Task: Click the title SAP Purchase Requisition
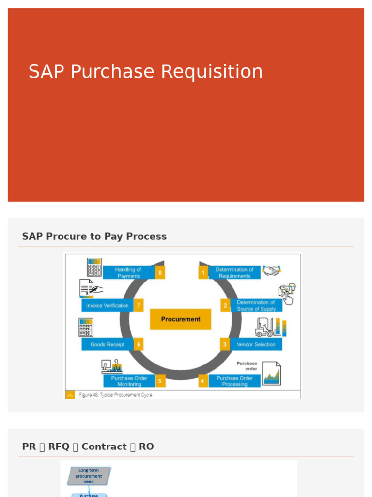tap(145, 72)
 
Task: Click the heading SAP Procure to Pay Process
tap(94, 236)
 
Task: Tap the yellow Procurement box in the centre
tap(180, 319)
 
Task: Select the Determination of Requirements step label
tap(234, 273)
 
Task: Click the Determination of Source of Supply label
tap(256, 305)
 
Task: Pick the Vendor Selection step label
tap(256, 345)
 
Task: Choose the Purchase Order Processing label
tap(234, 381)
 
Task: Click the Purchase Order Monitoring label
tap(129, 381)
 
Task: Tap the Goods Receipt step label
tap(107, 345)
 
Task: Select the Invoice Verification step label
tap(107, 306)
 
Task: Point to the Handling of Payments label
tap(128, 273)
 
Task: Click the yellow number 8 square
tap(160, 273)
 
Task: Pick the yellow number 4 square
tap(202, 381)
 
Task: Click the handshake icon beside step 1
tap(271, 270)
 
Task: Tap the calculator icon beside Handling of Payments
tap(94, 267)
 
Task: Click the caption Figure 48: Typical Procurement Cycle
tap(115, 395)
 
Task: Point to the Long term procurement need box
tap(89, 476)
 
